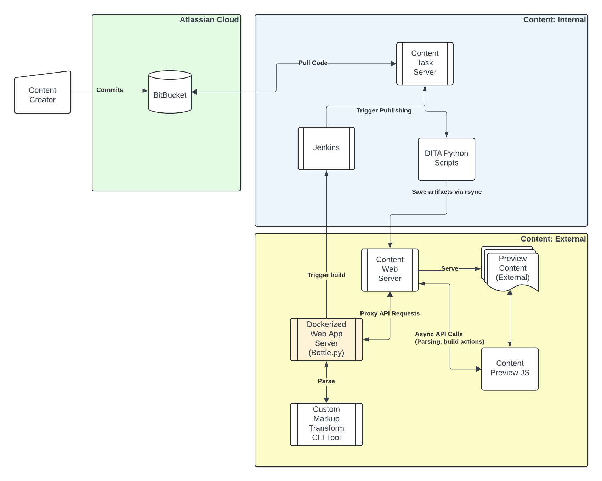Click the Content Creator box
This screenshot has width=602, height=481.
[42, 94]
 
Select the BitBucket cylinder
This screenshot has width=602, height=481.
[170, 94]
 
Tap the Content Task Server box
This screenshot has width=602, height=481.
[425, 63]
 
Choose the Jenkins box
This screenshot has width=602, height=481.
[326, 148]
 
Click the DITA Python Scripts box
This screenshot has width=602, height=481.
[446, 158]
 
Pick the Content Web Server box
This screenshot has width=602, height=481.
[390, 269]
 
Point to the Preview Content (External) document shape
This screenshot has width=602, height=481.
[512, 268]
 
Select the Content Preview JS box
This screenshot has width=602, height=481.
[510, 368]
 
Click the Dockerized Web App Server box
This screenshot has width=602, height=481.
[326, 338]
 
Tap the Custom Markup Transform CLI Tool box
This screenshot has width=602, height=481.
[326, 423]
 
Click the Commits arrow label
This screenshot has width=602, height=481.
[110, 90]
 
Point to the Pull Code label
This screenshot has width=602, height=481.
[313, 63]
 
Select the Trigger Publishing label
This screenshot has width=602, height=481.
[384, 110]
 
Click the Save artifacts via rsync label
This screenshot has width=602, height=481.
[446, 192]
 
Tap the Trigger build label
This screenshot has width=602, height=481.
[326, 275]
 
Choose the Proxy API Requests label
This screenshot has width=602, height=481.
[390, 313]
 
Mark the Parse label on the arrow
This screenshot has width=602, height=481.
[326, 381]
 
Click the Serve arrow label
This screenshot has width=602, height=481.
[449, 269]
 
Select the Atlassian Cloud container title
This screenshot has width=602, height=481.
[209, 20]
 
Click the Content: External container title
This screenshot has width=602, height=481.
[553, 239]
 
